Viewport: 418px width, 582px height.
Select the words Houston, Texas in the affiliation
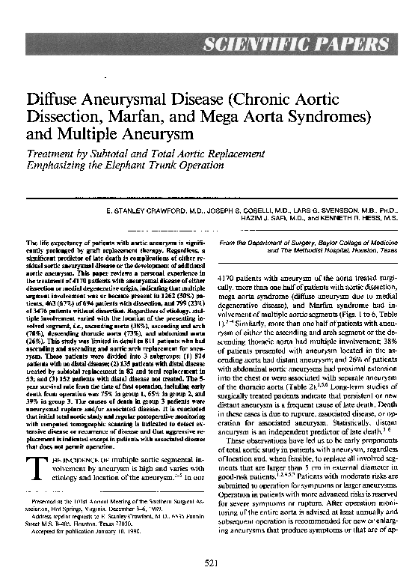point(365,252)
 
